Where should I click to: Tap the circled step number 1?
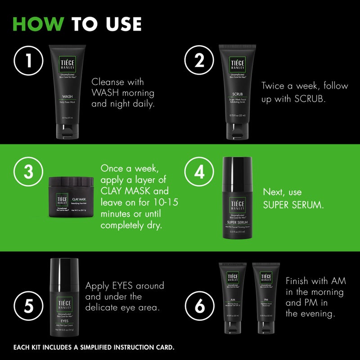[x=29, y=61]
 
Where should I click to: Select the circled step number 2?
[x=199, y=61]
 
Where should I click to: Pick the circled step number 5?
[x=29, y=306]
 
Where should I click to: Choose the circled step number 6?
[x=199, y=306]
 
